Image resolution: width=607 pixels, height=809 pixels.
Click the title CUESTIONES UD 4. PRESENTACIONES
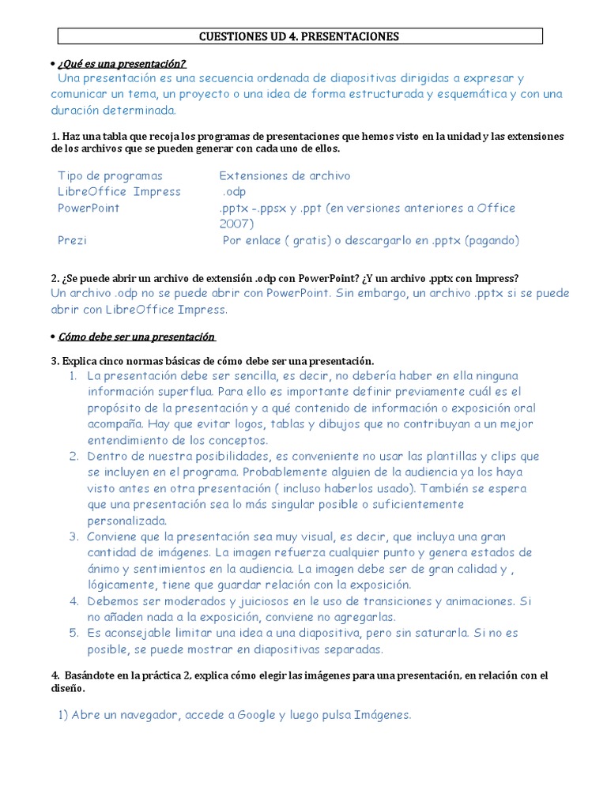(x=300, y=36)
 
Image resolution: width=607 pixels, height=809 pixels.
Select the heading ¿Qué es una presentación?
(x=122, y=63)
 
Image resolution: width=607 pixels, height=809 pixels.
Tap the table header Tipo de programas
(x=110, y=175)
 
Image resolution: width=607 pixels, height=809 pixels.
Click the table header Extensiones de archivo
(x=285, y=175)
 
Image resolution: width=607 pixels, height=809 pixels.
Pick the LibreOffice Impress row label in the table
(x=119, y=192)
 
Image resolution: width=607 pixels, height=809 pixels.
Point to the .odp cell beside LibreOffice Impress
(x=235, y=192)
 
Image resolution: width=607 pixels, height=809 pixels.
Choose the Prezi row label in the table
(x=72, y=240)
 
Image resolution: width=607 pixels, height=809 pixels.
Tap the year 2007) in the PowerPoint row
(x=236, y=224)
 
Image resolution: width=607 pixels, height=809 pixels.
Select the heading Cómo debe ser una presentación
(x=136, y=337)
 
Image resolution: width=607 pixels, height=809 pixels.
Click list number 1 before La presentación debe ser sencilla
(x=73, y=375)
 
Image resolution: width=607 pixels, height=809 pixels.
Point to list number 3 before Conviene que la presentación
(x=73, y=536)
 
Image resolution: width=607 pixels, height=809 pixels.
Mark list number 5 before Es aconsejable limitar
(x=73, y=633)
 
